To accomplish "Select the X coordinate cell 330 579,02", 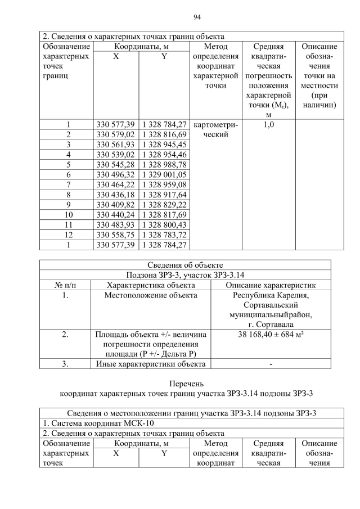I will [x=116, y=135].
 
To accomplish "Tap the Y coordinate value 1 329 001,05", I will [x=164, y=174].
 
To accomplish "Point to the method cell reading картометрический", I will [x=215, y=130].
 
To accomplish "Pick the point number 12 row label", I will [x=68, y=235].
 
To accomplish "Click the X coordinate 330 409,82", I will [x=116, y=205].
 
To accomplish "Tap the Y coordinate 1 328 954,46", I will [x=164, y=155].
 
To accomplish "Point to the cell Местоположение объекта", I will [x=151, y=295].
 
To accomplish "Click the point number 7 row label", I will [x=68, y=184].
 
